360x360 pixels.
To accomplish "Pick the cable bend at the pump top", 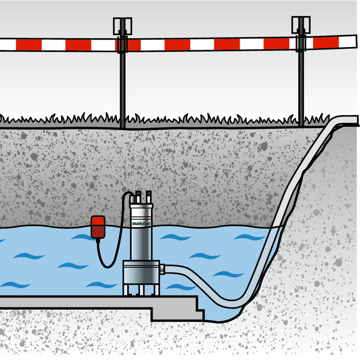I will tap(128, 194).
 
